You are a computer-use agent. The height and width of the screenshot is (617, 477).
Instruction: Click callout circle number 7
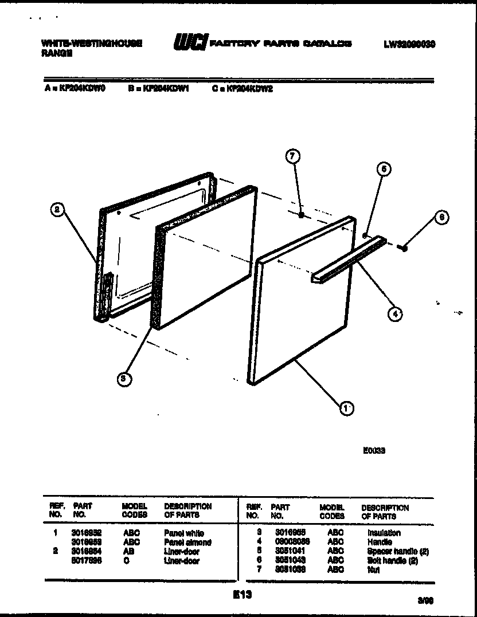tap(292, 156)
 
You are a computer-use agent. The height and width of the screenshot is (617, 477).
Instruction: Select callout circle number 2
tap(56, 210)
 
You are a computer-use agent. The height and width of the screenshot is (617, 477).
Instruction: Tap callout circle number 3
tap(122, 378)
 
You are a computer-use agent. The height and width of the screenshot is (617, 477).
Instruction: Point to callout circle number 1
tap(346, 407)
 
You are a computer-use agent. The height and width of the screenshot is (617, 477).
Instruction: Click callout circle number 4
tap(395, 313)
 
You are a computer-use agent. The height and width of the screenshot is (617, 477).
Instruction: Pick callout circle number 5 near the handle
tap(384, 168)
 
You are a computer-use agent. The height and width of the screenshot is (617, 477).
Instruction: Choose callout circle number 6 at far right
tap(441, 217)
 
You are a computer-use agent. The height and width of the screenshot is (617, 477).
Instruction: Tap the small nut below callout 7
tap(302, 215)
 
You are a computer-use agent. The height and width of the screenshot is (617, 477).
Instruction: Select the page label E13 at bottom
tap(243, 595)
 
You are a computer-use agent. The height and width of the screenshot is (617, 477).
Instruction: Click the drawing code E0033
tap(374, 451)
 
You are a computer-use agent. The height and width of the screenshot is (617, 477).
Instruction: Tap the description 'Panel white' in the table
tap(184, 533)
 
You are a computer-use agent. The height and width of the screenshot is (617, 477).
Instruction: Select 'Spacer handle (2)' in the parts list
tap(398, 552)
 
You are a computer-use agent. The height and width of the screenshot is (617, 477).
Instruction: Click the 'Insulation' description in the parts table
tap(384, 533)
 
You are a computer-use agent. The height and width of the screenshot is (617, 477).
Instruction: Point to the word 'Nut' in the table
tap(373, 570)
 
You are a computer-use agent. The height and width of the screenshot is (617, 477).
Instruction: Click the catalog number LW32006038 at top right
tap(409, 44)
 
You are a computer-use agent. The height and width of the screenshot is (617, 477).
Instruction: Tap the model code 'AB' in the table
tap(128, 552)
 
